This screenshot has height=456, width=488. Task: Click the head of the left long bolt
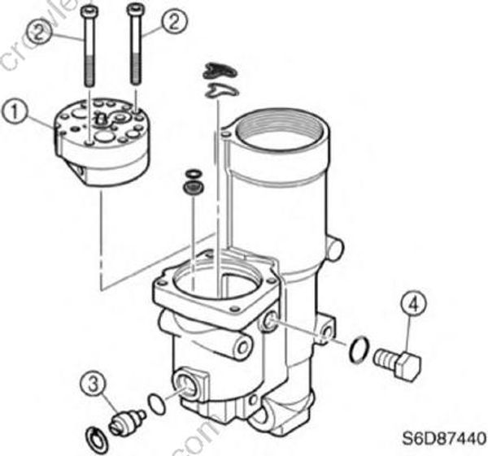tap(89, 11)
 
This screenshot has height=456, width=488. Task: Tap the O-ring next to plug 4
tap(356, 350)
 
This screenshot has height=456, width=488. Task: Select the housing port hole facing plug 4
tap(268, 325)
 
